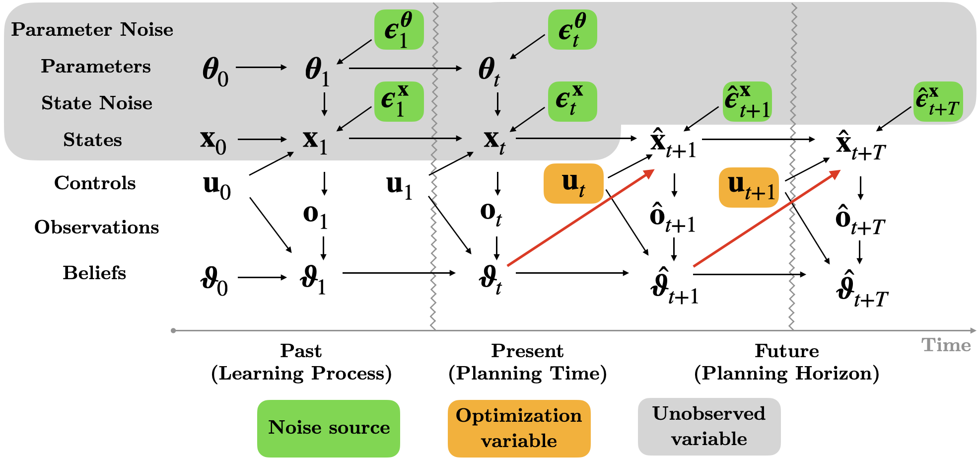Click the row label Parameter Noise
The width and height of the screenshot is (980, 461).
coord(92,30)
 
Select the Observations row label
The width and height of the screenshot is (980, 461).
coord(97,228)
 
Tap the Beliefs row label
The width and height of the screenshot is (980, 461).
coord(94,273)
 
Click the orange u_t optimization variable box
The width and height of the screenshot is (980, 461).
coord(573,184)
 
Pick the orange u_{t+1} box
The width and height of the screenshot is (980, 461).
coord(749,187)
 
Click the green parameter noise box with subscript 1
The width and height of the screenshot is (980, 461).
coord(399,30)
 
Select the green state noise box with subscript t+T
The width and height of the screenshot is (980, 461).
coord(938,102)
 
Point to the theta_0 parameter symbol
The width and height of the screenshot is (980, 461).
coord(215,71)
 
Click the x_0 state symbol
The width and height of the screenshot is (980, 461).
coord(213,141)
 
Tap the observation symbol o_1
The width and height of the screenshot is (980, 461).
coord(315,216)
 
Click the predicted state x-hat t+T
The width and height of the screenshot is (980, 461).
coord(860,146)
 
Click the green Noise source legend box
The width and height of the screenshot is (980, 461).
coord(329,428)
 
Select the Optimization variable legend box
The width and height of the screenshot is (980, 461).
coord(519,428)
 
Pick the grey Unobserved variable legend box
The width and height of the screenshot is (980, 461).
coord(709,426)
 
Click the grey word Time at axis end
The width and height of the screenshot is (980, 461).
coord(946,345)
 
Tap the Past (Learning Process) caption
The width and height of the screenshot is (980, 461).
coord(301,362)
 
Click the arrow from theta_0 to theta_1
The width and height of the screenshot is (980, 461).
coord(261,67)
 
